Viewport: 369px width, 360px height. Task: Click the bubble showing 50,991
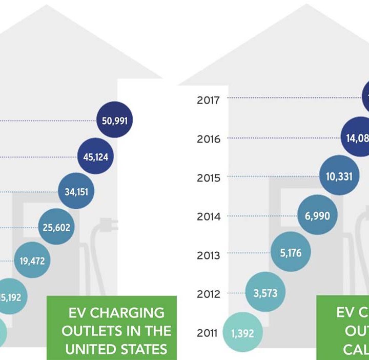click(x=114, y=121)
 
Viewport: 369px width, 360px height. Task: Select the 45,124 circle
click(x=95, y=156)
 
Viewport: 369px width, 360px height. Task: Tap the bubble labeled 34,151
click(x=76, y=192)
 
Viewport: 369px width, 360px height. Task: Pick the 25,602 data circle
click(x=56, y=227)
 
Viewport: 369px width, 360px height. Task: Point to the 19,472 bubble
click(x=32, y=261)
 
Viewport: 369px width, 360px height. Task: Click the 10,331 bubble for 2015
click(x=339, y=176)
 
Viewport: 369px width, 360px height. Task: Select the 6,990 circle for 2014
click(x=317, y=216)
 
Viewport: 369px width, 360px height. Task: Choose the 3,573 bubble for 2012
click(x=265, y=293)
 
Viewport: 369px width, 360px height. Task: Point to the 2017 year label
click(x=209, y=99)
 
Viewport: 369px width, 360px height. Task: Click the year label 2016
click(x=209, y=139)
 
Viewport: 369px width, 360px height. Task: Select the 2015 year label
click(x=209, y=177)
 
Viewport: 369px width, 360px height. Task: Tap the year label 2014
click(x=209, y=216)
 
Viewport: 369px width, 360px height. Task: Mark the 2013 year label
click(x=209, y=255)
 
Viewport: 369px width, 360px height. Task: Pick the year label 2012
click(x=209, y=294)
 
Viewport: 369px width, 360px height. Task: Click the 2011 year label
click(x=208, y=333)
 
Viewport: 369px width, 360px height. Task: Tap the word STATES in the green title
click(x=141, y=349)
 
